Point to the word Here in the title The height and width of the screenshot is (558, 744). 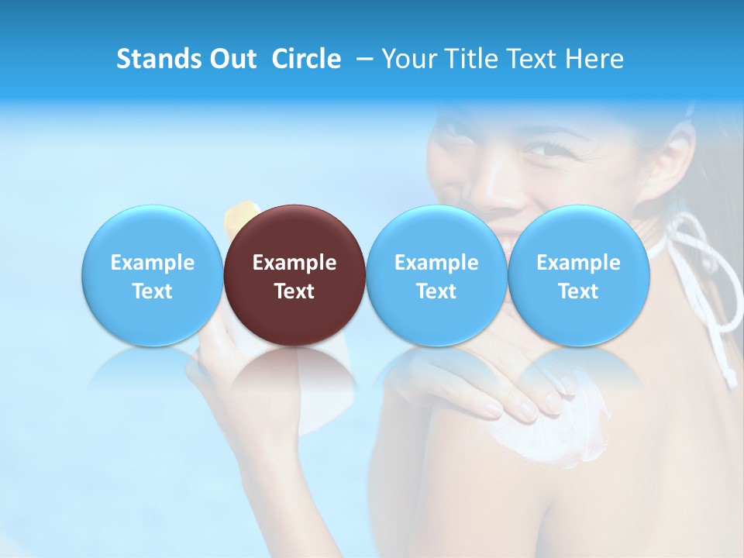(595, 59)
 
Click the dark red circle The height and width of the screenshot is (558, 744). (294, 275)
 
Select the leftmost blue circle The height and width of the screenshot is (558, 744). (152, 275)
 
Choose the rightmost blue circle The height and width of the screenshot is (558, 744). (578, 275)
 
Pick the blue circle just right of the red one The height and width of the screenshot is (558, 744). (436, 275)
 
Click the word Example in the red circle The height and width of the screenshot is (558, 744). (294, 263)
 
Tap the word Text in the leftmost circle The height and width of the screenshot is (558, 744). (152, 291)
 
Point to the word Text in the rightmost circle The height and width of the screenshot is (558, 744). (578, 291)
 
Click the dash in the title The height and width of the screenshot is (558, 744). (364, 59)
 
